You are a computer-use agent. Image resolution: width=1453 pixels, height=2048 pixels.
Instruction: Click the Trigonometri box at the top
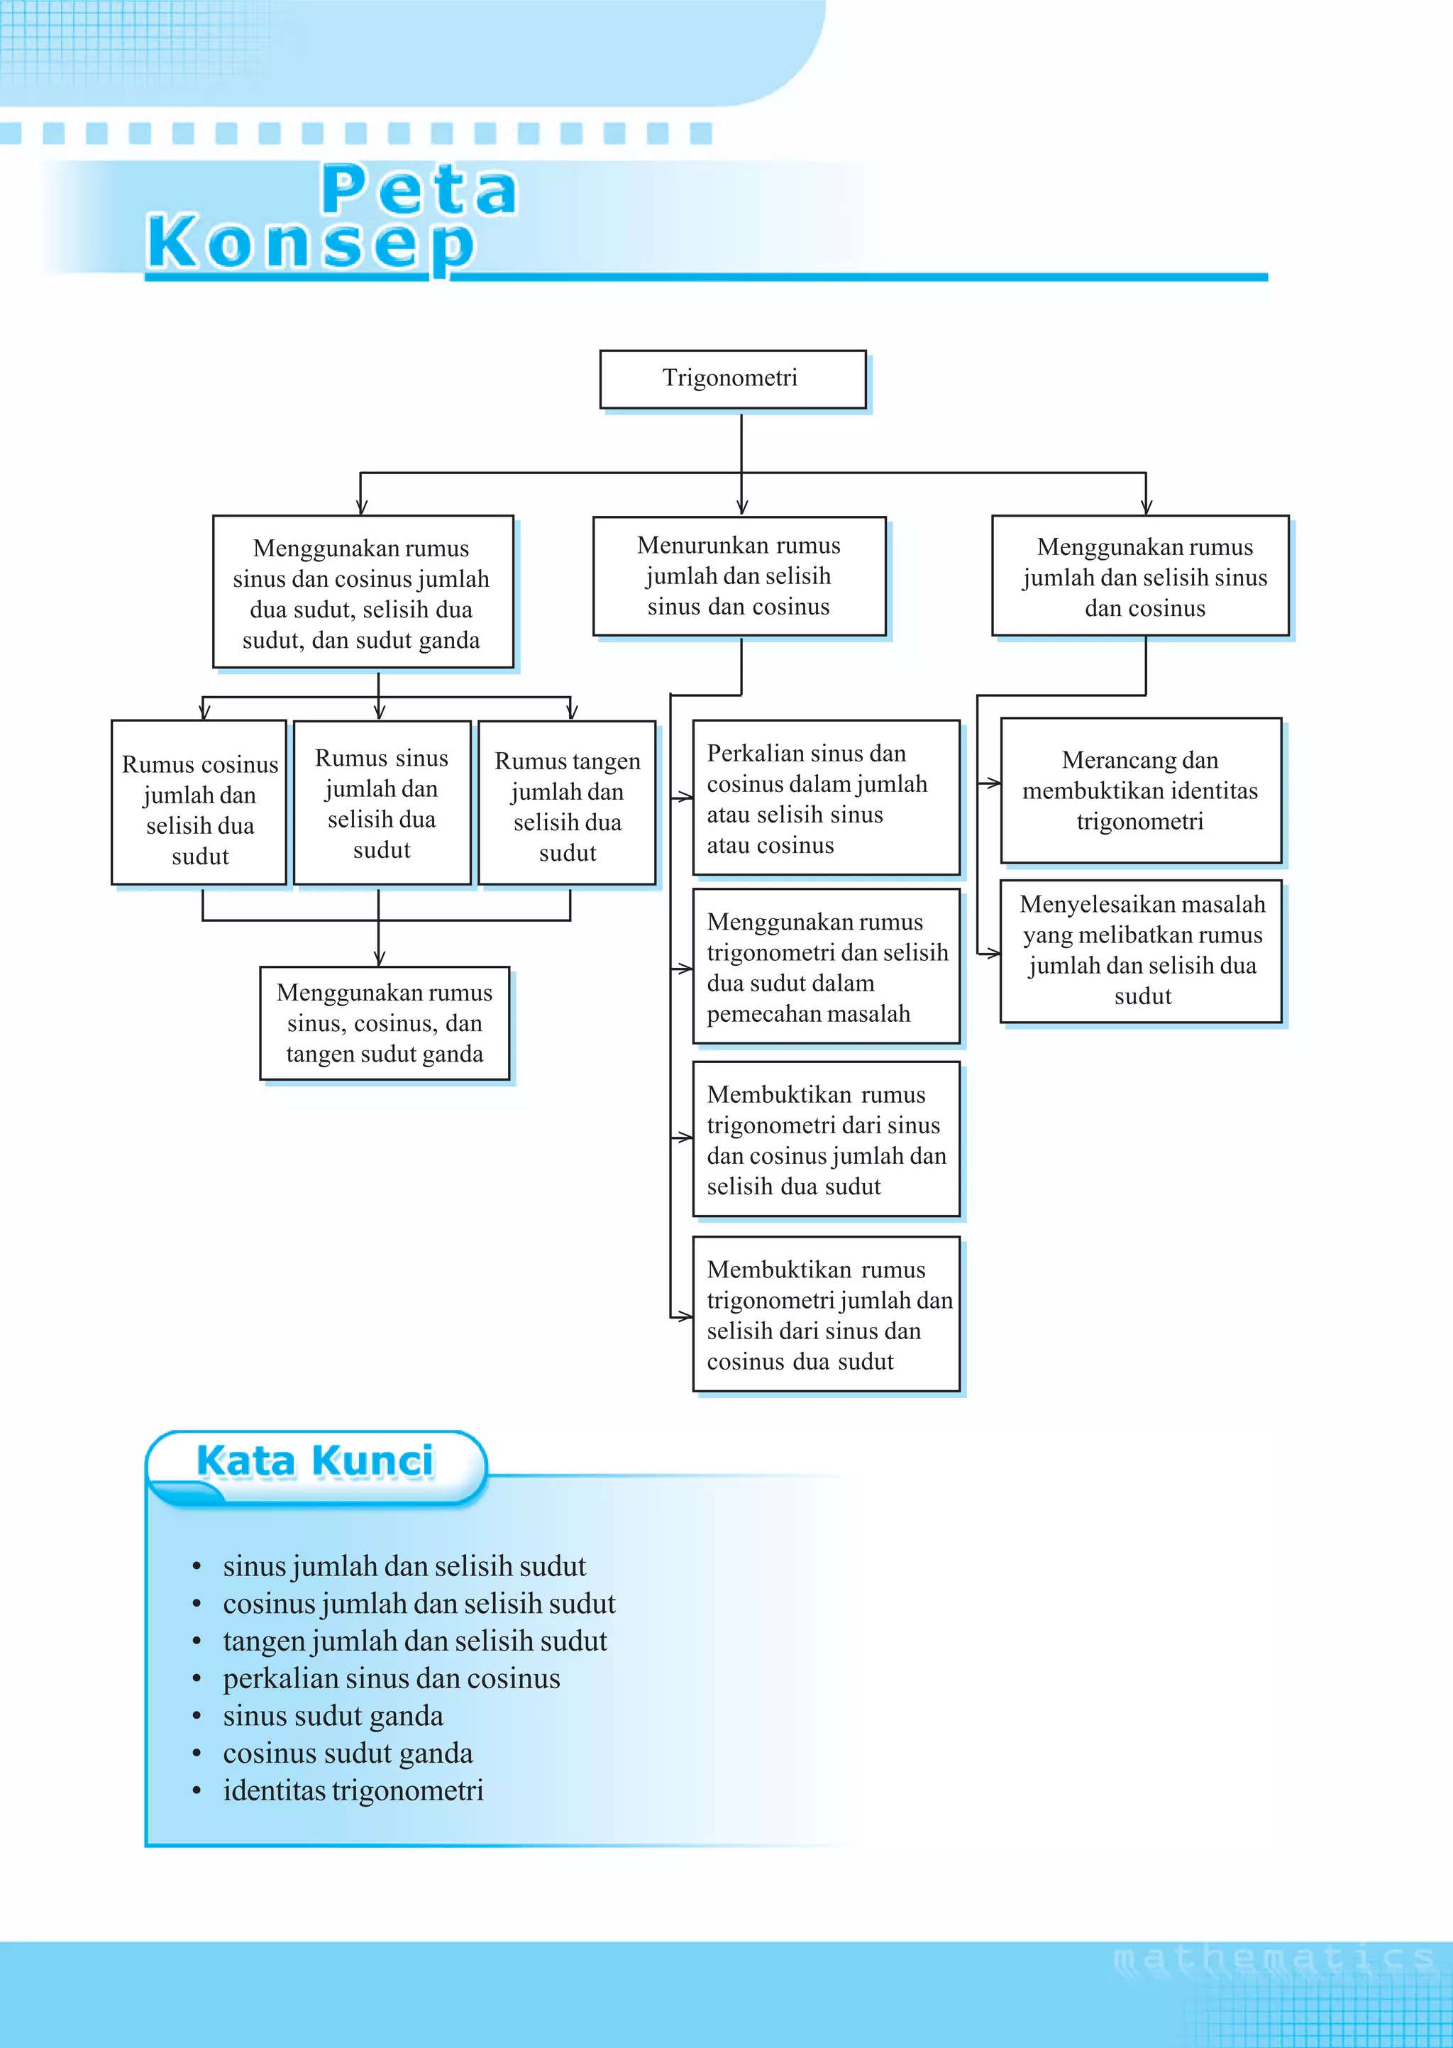[x=732, y=380]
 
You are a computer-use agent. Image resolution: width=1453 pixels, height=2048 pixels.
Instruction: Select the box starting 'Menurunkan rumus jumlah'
[x=739, y=576]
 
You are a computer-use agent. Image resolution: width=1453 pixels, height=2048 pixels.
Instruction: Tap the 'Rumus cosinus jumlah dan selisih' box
[x=199, y=803]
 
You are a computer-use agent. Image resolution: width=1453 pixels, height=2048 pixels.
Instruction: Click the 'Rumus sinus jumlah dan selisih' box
[x=382, y=803]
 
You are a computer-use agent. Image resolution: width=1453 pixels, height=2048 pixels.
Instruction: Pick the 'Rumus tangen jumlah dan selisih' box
[x=568, y=803]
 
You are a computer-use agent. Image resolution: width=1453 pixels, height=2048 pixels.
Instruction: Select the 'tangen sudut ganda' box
[x=385, y=1023]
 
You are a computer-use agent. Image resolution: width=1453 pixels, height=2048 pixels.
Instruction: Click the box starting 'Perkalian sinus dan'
[x=825, y=798]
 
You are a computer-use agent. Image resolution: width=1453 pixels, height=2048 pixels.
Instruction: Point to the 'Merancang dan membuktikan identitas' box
[x=1140, y=790]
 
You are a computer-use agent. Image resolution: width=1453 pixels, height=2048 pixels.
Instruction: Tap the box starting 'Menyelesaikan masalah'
[x=1142, y=950]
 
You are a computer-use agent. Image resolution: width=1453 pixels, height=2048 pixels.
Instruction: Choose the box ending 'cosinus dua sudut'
[x=825, y=1314]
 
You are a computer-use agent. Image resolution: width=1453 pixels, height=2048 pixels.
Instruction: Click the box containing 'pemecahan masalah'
[x=825, y=967]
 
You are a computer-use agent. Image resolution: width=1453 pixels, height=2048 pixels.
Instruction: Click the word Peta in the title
[x=419, y=191]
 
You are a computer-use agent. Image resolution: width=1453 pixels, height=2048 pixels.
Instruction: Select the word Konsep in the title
[x=311, y=243]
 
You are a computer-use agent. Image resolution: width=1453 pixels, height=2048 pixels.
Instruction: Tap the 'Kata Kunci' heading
[x=315, y=1461]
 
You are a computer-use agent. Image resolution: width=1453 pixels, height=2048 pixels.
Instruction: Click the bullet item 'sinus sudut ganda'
[x=333, y=1715]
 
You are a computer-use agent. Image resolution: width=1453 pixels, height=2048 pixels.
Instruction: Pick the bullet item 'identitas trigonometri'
[x=353, y=1790]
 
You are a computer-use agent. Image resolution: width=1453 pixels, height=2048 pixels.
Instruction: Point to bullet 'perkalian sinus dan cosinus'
[x=391, y=1678]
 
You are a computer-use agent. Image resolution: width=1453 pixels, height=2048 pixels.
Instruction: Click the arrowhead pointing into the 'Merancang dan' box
[x=993, y=783]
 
